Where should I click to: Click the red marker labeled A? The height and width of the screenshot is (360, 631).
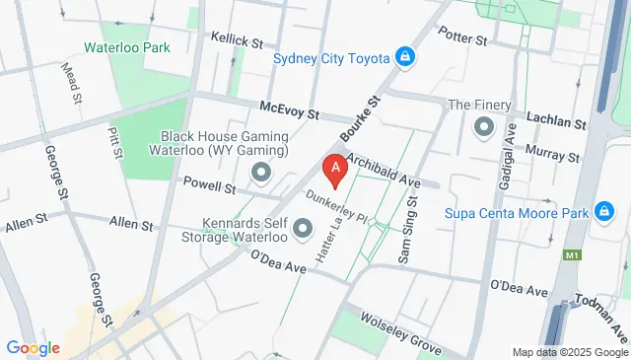coord(335,170)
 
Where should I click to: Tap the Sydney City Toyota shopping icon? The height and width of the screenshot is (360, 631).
coord(404,57)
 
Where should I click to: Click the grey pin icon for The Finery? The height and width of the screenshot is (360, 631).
coord(483,126)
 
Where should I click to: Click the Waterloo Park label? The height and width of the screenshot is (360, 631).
coord(127,47)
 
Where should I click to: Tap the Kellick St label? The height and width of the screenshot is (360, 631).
coord(237,42)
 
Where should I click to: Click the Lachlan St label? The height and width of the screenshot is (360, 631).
coord(556,120)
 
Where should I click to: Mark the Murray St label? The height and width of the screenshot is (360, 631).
coord(552,155)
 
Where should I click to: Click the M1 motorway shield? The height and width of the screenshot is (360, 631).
coord(573,255)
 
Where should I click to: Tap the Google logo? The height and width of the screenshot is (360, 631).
coord(33,347)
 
